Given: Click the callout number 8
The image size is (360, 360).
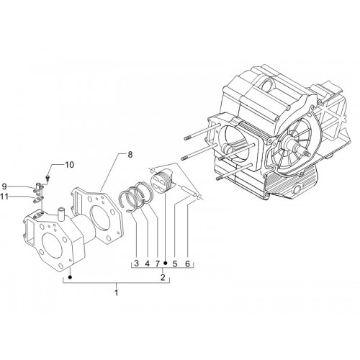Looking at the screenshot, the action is click(x=130, y=155).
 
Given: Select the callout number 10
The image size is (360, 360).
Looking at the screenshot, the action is click(x=69, y=165).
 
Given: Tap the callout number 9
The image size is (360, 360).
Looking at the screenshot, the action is click(x=4, y=186).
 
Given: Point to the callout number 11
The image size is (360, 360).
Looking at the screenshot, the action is click(x=4, y=197).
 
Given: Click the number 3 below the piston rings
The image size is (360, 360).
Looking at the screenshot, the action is click(x=137, y=264).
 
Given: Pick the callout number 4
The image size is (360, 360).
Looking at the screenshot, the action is click(x=147, y=264).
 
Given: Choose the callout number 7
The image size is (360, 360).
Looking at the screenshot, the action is click(x=157, y=264).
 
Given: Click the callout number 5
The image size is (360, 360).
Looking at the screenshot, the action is click(x=175, y=264).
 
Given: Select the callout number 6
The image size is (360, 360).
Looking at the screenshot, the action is click(x=187, y=264).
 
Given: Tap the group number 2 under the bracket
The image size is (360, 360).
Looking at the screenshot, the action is click(x=163, y=277).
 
